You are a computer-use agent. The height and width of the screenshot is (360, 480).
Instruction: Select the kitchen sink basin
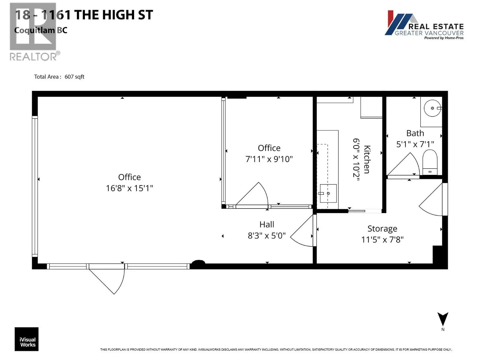328,193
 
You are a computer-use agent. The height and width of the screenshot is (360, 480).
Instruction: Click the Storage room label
382,229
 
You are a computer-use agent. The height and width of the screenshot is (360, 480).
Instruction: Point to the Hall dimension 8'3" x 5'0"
266,236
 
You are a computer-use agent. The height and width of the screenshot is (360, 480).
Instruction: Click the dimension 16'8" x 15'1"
129,188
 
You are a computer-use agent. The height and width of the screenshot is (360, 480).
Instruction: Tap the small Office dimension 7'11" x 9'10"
269,159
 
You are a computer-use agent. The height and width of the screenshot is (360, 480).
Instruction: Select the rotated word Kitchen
367,159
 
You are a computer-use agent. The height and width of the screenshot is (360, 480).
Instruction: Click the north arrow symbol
442,319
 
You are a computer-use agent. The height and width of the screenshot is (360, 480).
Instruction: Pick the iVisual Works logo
27,339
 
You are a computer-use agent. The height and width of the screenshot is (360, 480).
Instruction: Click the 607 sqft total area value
74,77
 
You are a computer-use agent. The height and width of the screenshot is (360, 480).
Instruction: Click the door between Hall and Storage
303,231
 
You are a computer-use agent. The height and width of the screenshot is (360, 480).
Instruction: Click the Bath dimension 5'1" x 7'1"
415,144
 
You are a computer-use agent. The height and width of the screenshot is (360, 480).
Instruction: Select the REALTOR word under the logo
33,57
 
